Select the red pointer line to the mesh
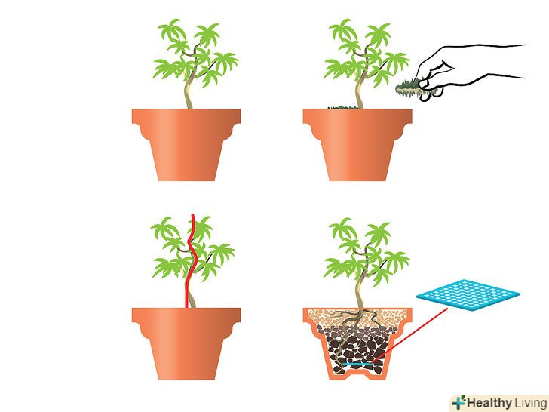coord(409,336)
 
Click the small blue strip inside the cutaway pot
coord(357,364)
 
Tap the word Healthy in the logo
coord(489,403)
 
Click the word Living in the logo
coord(530,403)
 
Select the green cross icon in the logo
coord(459,402)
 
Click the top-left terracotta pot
coord(186,144)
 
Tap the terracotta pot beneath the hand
coord(357,144)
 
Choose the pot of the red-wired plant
coord(186,343)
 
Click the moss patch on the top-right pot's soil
coord(343,107)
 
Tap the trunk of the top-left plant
coord(189,88)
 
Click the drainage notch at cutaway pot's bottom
coord(357,377)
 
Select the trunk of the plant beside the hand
coord(360,88)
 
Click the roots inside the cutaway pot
coord(350,333)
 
